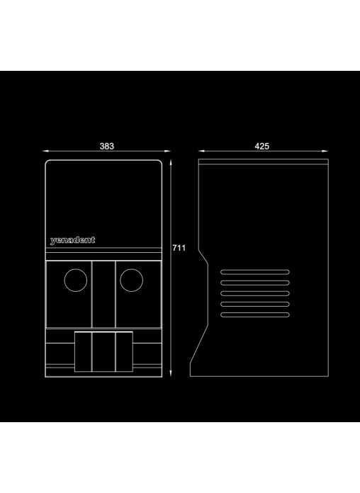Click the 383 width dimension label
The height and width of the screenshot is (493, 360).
[x=107, y=146]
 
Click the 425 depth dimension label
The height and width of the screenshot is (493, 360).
[x=261, y=146]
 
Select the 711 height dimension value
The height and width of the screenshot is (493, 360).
[x=179, y=248]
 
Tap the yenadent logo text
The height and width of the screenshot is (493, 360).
[x=72, y=240]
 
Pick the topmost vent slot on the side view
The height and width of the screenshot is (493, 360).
[x=255, y=272]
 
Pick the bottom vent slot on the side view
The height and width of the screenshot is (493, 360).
[x=255, y=314]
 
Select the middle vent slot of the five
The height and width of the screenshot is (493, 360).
[x=255, y=293]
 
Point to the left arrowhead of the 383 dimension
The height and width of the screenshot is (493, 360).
[x=45, y=152]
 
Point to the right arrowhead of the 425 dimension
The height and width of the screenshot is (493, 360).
[x=325, y=152]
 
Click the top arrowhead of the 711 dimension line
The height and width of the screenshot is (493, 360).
[x=171, y=163]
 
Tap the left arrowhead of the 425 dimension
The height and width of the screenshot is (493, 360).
[x=202, y=152]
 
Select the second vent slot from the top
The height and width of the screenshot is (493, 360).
[x=255, y=283]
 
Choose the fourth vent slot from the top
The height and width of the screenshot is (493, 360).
[x=255, y=304]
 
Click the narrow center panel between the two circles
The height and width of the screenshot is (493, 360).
[x=103, y=294]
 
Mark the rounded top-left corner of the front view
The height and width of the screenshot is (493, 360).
[x=47, y=162]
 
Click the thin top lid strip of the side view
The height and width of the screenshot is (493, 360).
[x=264, y=161]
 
